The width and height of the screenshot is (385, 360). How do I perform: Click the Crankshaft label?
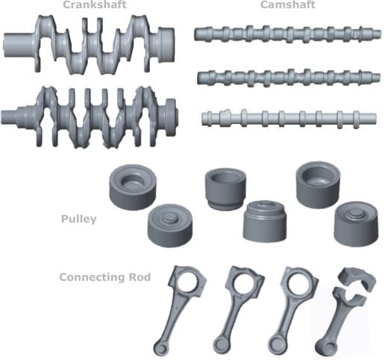(x=95, y=4)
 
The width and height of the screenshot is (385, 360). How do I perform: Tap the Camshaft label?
(x=288, y=4)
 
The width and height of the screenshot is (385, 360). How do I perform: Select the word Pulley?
(x=78, y=219)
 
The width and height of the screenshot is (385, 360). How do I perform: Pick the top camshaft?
(x=287, y=34)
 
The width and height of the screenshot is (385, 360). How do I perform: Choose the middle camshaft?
(x=289, y=77)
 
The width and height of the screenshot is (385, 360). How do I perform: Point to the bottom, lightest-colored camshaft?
(x=289, y=119)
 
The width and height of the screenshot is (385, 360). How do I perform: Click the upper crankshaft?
(x=89, y=45)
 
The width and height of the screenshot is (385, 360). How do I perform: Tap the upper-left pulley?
(x=133, y=187)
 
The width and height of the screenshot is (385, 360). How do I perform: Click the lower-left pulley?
(x=170, y=226)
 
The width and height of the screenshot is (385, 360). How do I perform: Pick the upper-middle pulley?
(x=225, y=189)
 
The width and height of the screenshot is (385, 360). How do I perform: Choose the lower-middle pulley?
(x=264, y=221)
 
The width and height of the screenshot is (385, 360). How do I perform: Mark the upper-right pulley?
(x=318, y=184)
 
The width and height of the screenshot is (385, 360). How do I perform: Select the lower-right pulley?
(x=356, y=224)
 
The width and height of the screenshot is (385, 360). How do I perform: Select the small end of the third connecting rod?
(x=276, y=345)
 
